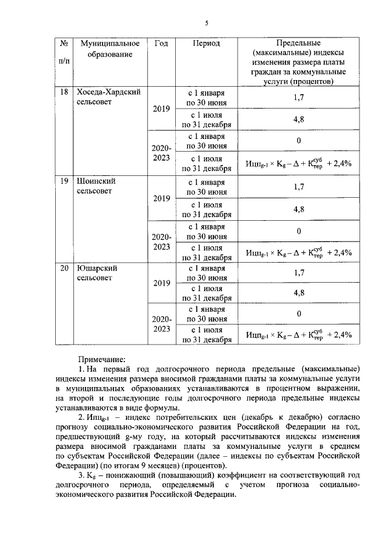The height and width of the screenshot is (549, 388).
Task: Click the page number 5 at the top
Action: click(x=206, y=23)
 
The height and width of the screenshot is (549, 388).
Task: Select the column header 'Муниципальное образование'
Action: click(x=109, y=49)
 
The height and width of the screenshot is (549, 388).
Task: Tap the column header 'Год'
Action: click(x=161, y=44)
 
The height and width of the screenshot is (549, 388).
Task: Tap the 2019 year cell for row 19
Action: click(x=161, y=198)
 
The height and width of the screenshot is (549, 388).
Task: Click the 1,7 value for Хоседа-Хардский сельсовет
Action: click(x=298, y=97)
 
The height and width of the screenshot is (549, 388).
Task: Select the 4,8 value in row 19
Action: click(x=298, y=209)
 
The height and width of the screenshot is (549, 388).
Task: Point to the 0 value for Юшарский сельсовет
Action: click(x=299, y=314)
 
